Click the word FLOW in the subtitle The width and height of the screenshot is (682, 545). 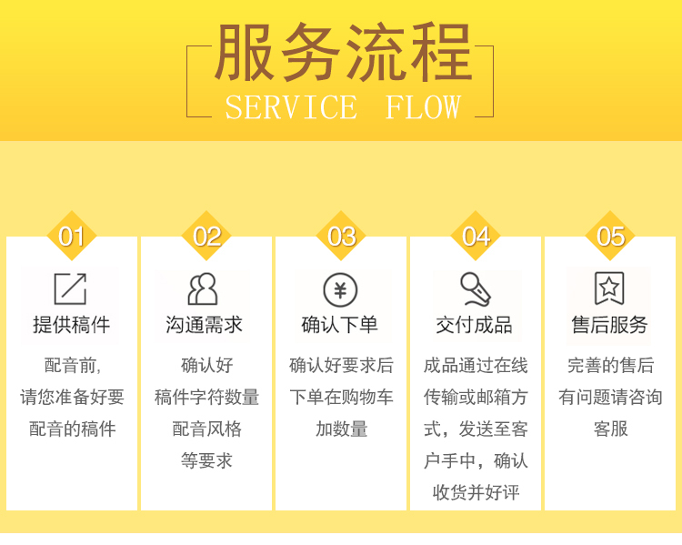point(423,107)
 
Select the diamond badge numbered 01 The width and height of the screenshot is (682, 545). point(72,237)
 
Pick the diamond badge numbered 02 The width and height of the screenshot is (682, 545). point(206,237)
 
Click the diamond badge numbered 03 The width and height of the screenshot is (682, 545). point(341,237)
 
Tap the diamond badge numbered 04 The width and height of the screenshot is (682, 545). point(476,237)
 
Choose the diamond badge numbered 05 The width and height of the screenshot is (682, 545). point(610,237)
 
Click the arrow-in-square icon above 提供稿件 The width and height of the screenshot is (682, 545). point(70,288)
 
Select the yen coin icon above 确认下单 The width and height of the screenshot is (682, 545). point(340,290)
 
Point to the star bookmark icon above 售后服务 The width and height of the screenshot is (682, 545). point(609,288)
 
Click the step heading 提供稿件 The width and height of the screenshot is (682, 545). point(71,325)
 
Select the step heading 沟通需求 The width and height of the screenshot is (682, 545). point(205,325)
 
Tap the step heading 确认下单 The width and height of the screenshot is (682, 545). point(340,325)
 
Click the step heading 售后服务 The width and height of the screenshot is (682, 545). point(609,325)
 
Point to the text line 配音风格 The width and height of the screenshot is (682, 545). point(206,429)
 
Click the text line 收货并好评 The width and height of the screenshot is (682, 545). point(476,492)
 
